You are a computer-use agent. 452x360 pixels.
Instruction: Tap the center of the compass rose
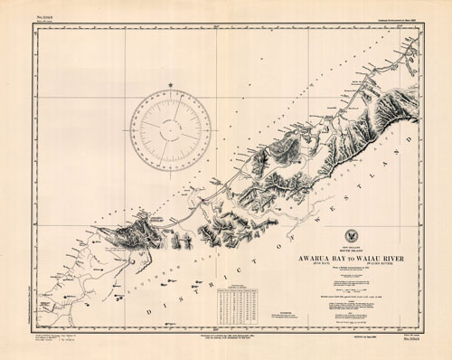(170, 131)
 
